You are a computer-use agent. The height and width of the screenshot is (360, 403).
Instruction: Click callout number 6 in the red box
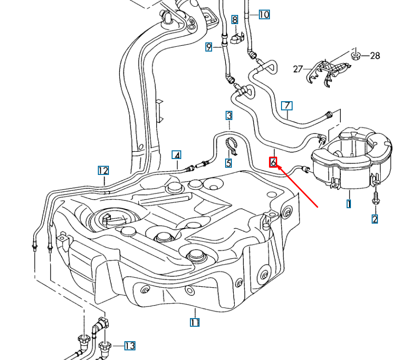(273, 162)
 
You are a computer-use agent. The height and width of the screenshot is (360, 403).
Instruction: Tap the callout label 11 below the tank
(194, 322)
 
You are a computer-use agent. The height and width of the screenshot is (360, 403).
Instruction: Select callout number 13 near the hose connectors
(129, 346)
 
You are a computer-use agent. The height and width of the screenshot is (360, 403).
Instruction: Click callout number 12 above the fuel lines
(103, 170)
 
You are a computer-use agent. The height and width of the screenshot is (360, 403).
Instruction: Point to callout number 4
(177, 155)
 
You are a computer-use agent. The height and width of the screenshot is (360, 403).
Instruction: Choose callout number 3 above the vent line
(229, 115)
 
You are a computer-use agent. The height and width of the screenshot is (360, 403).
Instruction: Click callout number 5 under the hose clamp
(228, 163)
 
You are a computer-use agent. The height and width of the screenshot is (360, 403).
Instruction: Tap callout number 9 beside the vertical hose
(209, 47)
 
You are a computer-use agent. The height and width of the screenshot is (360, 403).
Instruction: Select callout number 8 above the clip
(235, 20)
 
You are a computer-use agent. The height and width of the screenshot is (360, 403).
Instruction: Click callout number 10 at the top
(264, 14)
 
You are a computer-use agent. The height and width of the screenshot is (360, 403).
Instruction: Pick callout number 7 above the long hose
(287, 106)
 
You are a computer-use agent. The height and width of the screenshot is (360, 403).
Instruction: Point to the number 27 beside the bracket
(298, 69)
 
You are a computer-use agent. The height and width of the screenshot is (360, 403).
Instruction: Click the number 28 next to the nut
(375, 56)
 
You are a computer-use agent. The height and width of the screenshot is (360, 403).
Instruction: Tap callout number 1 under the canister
(349, 204)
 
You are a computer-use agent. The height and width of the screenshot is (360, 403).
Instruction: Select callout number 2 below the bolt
(375, 219)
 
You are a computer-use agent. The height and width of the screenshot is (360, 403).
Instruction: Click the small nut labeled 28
(356, 55)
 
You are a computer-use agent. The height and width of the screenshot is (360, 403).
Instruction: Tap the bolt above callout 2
(375, 198)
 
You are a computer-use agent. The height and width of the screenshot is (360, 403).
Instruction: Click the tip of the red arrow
(279, 166)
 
